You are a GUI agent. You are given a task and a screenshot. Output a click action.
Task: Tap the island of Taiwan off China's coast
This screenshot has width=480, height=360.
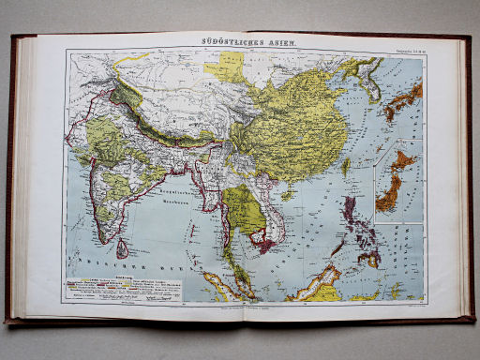coord(346,168)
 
